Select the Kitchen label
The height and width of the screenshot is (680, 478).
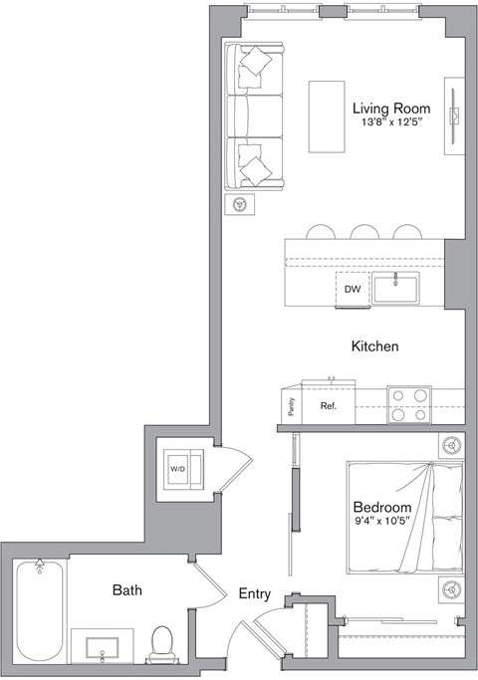point(374,346)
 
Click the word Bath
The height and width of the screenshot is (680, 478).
point(126,590)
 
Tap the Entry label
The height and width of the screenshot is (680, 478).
point(255,593)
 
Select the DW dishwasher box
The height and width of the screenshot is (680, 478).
point(352,290)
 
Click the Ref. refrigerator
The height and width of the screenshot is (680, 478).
point(328,406)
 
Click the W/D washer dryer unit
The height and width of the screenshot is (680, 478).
point(184,467)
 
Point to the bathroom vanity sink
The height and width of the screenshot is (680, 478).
point(103,648)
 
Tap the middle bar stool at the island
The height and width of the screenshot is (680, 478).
point(363,233)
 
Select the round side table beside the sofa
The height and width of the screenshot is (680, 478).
point(239,205)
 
